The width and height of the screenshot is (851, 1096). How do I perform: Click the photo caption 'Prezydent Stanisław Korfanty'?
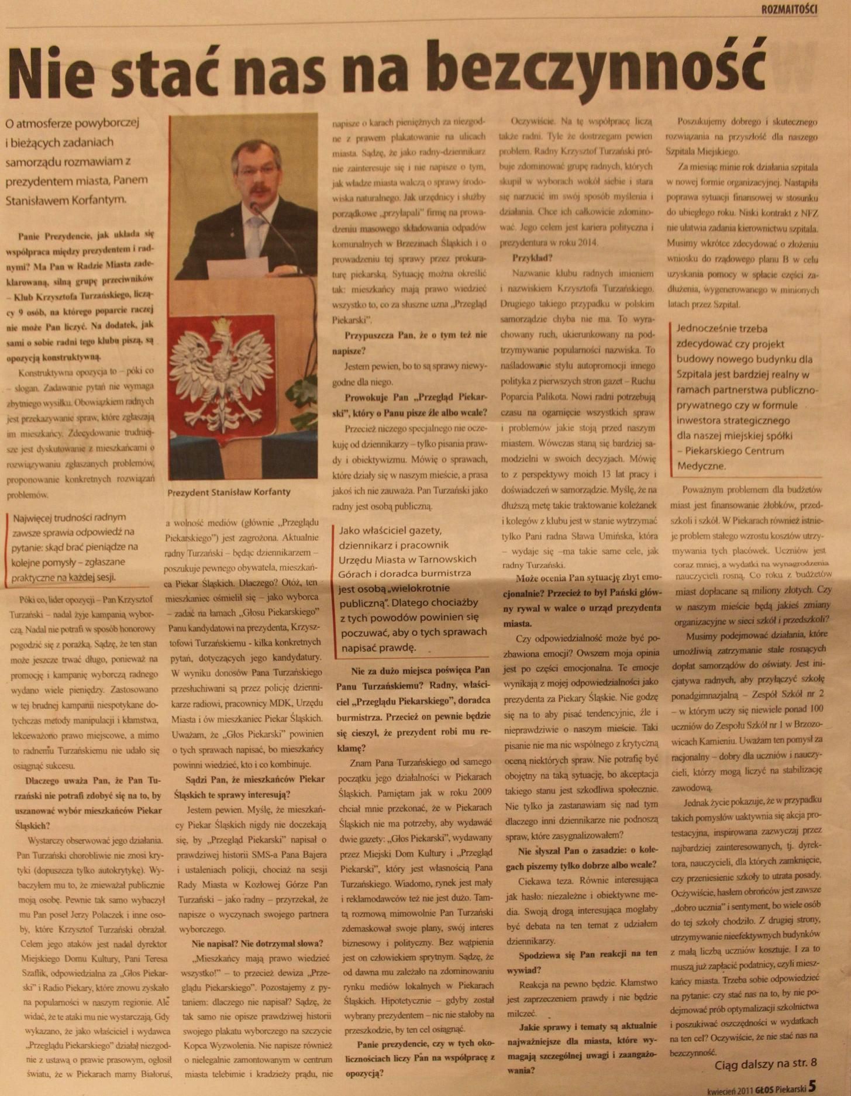click(x=229, y=492)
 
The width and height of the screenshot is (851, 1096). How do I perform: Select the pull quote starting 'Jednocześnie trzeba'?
click(x=743, y=397)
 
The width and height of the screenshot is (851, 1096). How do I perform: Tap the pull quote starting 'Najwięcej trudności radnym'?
click(x=73, y=547)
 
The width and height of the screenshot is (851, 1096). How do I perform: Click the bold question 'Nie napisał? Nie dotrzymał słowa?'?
click(x=257, y=943)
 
